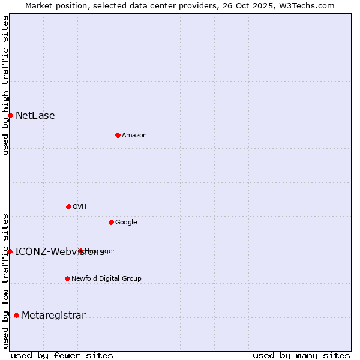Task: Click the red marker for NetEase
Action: [x=10, y=115]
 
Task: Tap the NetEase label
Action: [x=35, y=116]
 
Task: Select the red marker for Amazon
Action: [x=118, y=135]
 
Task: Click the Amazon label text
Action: [x=134, y=136]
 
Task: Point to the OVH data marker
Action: [x=68, y=206]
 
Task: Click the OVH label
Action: [x=80, y=207]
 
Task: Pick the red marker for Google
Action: [x=111, y=222]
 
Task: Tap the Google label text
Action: [x=126, y=223]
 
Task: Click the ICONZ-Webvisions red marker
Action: [x=10, y=251]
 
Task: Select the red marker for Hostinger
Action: [x=80, y=251]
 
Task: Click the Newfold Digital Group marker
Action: [x=67, y=278]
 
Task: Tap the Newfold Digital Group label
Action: [x=106, y=279]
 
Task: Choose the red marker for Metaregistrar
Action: [x=16, y=315]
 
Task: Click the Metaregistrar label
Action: [x=53, y=316]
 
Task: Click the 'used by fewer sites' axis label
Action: [x=62, y=355]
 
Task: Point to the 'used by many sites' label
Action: [x=301, y=355]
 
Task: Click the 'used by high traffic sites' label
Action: [x=5, y=85]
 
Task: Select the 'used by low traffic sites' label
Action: [x=5, y=281]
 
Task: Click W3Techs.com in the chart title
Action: [x=310, y=5]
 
